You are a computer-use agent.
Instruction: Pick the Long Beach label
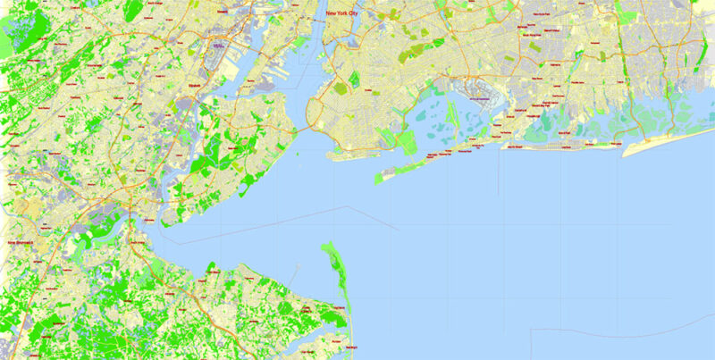click(562, 146)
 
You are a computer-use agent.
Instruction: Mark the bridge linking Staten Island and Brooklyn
click(302, 129)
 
